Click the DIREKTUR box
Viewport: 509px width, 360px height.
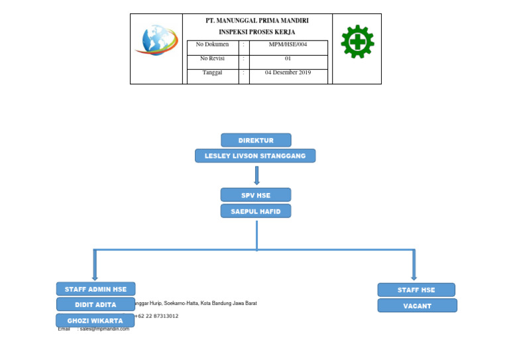coord(256,140)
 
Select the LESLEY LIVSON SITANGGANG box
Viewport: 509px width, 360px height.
coord(255,156)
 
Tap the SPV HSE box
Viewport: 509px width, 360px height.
coord(255,195)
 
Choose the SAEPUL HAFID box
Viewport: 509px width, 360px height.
coord(255,211)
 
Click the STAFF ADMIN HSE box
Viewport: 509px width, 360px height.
coord(95,289)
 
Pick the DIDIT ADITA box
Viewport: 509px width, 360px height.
coord(95,305)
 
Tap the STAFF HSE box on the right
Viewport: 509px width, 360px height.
coord(416,290)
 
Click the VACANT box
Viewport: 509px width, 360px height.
coord(417,306)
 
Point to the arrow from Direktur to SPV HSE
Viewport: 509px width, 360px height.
coord(256,175)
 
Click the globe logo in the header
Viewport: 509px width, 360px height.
coord(156,40)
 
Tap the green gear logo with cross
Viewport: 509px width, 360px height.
coord(357,42)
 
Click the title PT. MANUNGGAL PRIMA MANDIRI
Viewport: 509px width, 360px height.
coord(257,21)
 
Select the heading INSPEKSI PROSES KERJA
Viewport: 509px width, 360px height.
coord(257,32)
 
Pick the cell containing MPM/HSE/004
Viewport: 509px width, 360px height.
coord(288,44)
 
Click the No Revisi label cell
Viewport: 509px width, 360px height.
coord(213,58)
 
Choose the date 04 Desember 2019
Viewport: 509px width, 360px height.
coord(288,73)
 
